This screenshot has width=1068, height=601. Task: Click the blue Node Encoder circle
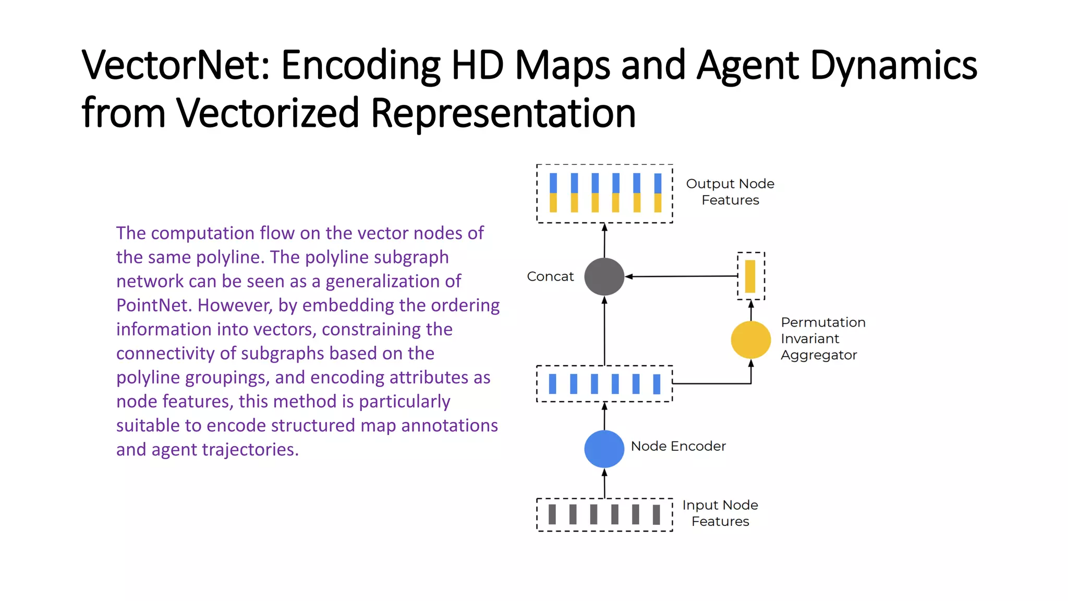604,449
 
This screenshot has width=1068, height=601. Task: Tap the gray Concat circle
604,277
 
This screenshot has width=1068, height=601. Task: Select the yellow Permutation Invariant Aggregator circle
750,340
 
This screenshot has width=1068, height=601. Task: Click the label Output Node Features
730,191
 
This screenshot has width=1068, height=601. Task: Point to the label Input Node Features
720,513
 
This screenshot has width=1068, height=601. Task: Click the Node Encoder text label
678,446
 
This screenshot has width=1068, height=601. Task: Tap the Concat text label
550,277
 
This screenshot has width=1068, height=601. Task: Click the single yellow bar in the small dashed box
750,277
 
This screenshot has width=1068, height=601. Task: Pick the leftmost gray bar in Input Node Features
552,514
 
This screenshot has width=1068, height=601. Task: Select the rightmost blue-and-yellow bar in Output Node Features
658,193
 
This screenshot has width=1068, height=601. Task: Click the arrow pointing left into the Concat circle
678,277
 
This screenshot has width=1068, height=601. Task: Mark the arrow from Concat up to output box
604,241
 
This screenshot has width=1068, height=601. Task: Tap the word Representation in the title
503,113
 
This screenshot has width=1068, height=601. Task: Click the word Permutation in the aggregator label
823,322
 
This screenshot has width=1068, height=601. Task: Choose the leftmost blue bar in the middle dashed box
553,384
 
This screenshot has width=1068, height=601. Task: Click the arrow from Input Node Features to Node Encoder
604,483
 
